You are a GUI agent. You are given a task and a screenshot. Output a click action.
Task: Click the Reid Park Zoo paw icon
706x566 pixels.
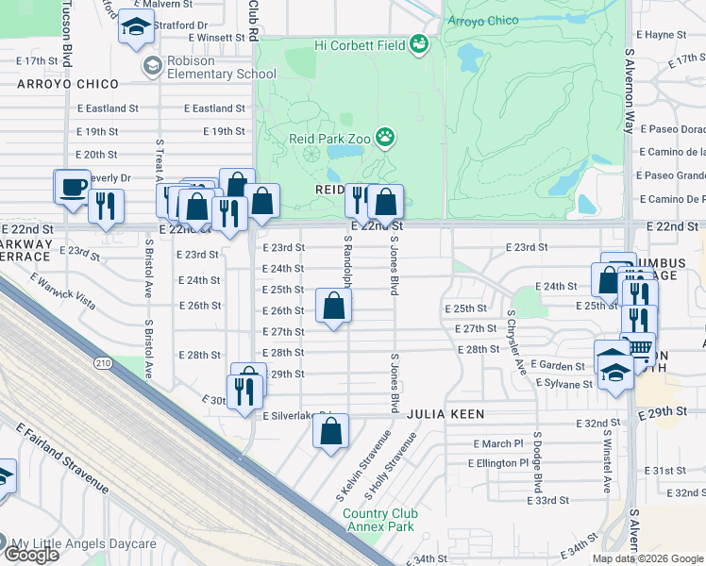point(385,139)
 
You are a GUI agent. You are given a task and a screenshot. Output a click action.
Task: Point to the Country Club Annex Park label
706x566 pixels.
point(379,520)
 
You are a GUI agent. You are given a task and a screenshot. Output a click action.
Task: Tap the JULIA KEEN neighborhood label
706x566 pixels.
point(446,414)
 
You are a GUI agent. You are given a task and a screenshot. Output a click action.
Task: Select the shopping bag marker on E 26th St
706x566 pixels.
point(333,307)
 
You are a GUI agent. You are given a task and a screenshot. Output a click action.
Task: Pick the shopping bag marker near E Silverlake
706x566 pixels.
point(330,432)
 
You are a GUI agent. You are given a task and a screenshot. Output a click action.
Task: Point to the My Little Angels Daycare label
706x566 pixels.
point(83,544)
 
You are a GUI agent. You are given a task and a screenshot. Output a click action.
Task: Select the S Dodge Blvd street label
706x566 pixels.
point(537,461)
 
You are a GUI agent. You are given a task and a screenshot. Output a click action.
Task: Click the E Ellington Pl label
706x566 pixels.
point(498,463)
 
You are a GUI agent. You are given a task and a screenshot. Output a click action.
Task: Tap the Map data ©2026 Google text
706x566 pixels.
point(647,558)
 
